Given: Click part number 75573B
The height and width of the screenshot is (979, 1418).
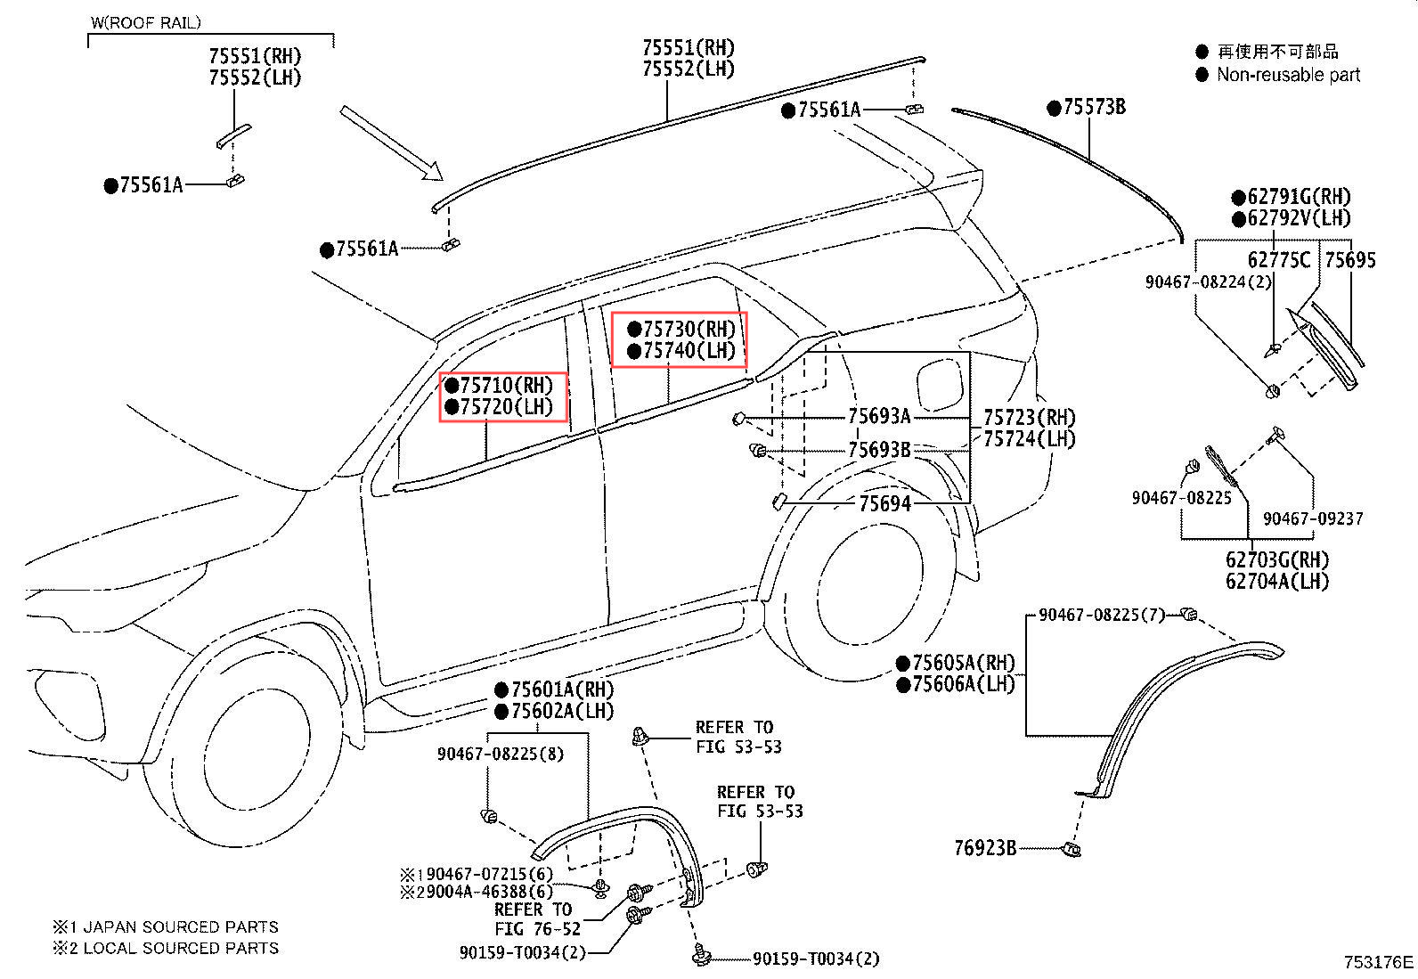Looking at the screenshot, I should [x=1094, y=108].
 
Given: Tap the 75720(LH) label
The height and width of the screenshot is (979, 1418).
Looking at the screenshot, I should [x=506, y=407].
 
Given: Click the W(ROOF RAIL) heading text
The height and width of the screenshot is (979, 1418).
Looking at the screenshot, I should [x=146, y=22].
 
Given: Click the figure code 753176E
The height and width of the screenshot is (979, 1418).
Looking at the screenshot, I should [x=1378, y=962].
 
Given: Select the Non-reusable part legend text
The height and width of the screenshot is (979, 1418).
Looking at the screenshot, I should [x=1288, y=75].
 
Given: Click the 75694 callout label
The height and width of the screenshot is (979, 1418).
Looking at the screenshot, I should [x=884, y=504].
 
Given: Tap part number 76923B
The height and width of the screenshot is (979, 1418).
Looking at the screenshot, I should [x=985, y=848].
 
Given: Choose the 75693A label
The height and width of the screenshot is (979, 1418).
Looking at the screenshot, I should [x=878, y=416].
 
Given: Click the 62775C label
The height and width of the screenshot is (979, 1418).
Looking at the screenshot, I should [x=1278, y=260].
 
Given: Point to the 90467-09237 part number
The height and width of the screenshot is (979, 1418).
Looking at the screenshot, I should [x=1313, y=518].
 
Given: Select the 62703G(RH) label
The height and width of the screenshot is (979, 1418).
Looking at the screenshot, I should [x=1276, y=560].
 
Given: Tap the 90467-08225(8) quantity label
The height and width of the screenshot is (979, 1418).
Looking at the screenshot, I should [x=500, y=754].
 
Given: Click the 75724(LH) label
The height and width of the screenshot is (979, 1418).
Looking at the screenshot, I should [x=1029, y=439].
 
